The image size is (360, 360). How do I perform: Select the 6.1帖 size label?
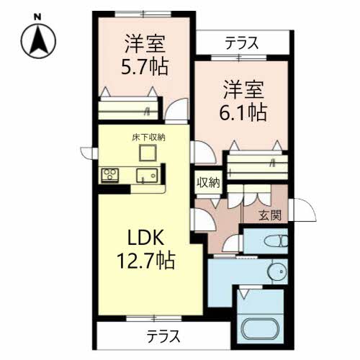(x=243, y=112)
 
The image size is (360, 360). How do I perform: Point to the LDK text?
(x=148, y=238)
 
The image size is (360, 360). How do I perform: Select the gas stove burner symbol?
(x=110, y=175)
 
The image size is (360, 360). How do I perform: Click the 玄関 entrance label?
(x=271, y=215)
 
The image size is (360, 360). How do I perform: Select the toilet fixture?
(x=275, y=241)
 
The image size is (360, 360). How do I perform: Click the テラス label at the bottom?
(x=163, y=336)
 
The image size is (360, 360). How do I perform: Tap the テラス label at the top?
(x=242, y=42)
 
